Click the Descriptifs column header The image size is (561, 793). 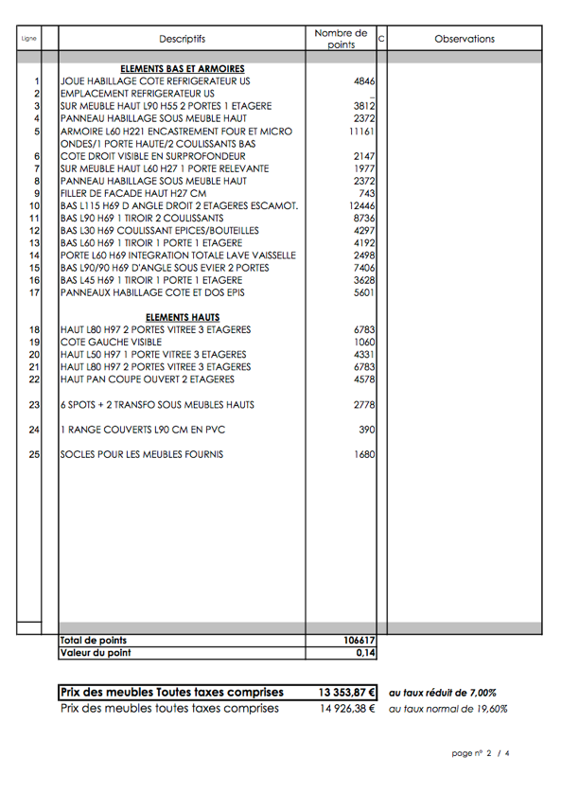tap(182, 39)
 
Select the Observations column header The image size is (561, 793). tap(464, 39)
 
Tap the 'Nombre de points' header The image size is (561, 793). tap(341, 39)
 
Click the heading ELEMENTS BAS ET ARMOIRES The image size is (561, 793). tap(183, 69)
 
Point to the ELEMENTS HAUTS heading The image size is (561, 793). tap(183, 317)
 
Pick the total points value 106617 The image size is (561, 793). tap(358, 641)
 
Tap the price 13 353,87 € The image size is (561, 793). tap(347, 692)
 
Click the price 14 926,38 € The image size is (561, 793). tap(347, 708)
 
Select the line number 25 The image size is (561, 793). tap(35, 455)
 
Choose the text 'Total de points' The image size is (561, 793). tap(94, 641)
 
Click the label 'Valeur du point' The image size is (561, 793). tap(96, 653)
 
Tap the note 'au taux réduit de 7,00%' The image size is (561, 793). tap(442, 693)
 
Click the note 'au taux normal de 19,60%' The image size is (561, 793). tap(447, 708)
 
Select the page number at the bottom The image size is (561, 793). tap(482, 753)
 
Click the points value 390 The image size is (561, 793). tap(366, 430)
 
